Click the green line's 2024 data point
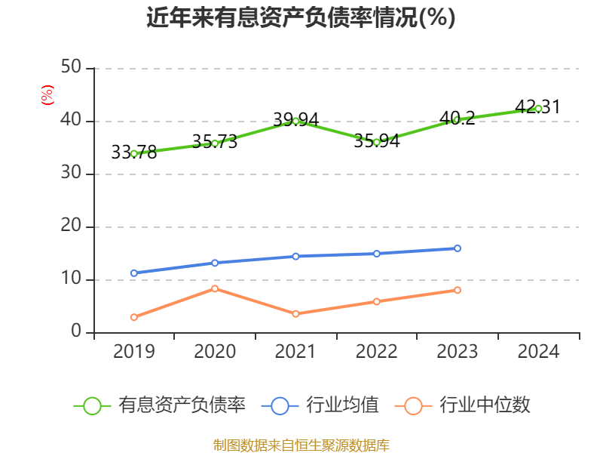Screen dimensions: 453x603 [538, 108]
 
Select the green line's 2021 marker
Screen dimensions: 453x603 [295, 121]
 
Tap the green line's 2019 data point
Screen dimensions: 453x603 [134, 153]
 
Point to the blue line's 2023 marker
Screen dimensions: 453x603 [458, 248]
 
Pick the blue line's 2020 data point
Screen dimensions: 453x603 [215, 263]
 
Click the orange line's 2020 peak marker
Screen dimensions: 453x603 [215, 288]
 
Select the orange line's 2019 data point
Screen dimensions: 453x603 [134, 317]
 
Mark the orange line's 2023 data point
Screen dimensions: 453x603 [458, 290]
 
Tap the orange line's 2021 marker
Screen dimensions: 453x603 [295, 313]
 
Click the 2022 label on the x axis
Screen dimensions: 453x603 [376, 351]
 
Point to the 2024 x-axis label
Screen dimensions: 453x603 [538, 351]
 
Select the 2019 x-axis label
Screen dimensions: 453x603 [134, 351]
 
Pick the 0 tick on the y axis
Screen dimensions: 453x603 [76, 332]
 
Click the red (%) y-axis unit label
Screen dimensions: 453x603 [47, 95]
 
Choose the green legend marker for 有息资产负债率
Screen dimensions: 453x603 [92, 405]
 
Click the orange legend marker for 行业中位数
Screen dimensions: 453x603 [413, 405]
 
